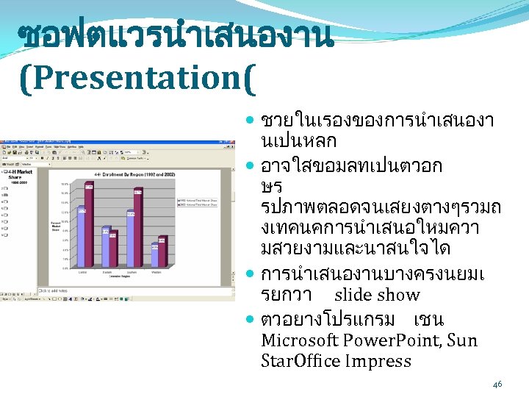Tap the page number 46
[497, 384]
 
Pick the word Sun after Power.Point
[461, 340]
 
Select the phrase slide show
[376, 296]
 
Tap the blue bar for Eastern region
[105, 249]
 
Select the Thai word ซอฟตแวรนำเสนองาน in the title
[176, 37]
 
